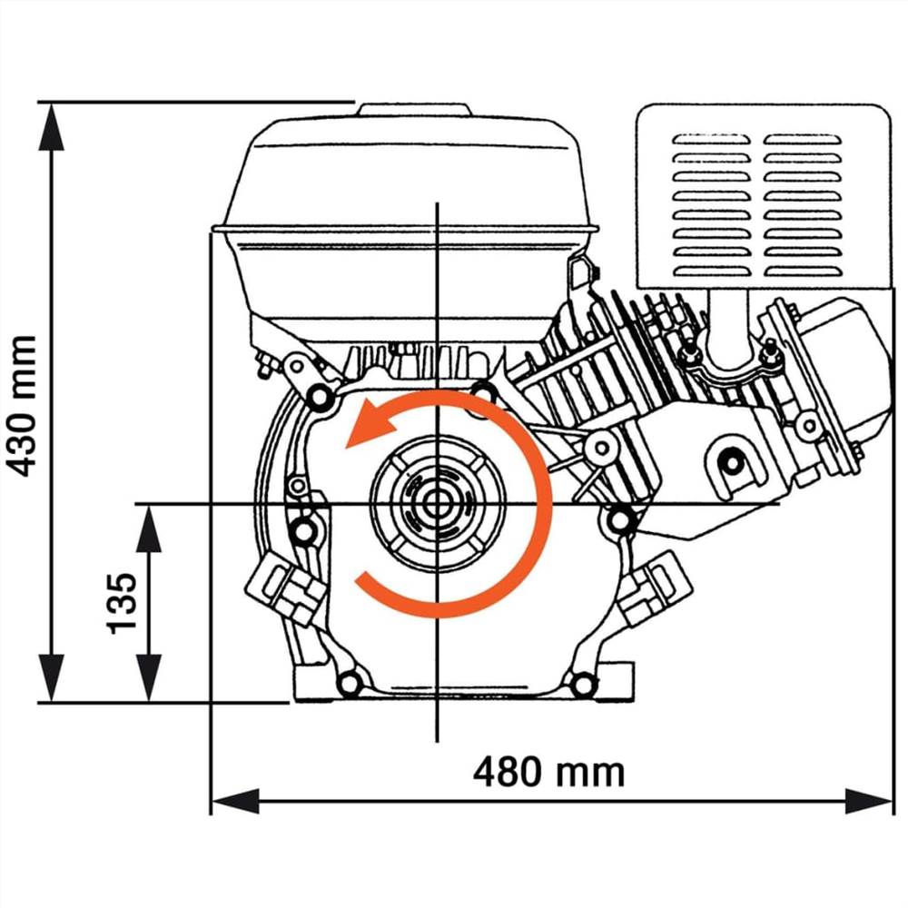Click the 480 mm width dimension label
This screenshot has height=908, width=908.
(548, 772)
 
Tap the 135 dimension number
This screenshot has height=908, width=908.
(122, 603)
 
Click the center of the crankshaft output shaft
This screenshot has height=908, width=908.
(438, 504)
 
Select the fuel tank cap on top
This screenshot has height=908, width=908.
(415, 110)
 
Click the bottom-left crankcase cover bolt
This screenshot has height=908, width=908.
(349, 682)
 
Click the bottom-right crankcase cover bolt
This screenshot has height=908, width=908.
(582, 684)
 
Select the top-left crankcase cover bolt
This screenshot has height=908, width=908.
(319, 396)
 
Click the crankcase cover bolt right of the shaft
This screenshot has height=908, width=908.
(619, 519)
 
